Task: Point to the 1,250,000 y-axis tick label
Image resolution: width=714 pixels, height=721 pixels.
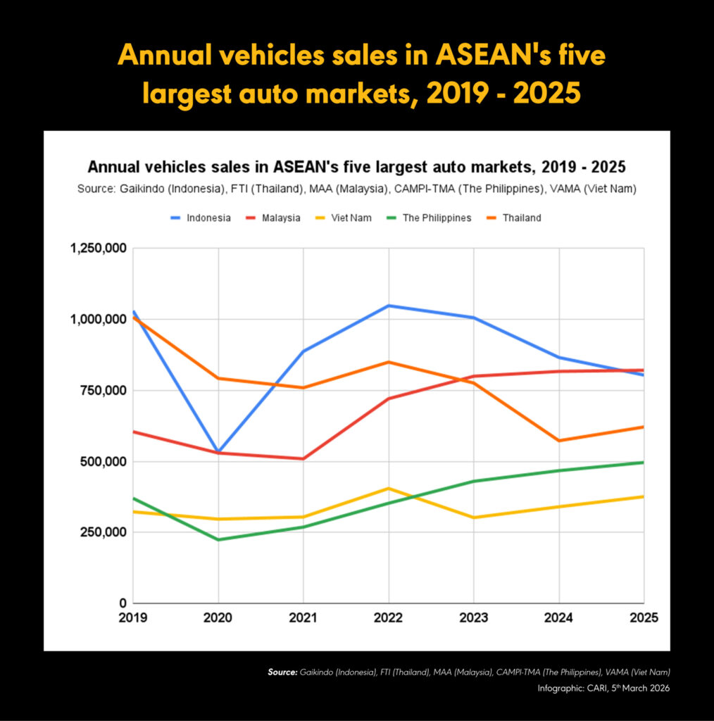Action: coord(98,248)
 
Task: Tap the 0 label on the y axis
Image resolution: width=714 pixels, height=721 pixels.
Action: coord(123,603)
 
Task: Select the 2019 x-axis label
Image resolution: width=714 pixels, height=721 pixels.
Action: coord(133,617)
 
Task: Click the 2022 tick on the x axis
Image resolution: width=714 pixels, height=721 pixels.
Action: coord(389,617)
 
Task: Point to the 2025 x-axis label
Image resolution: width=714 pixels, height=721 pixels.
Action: coord(643,617)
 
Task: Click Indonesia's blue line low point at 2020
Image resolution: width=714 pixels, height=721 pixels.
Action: coord(218,451)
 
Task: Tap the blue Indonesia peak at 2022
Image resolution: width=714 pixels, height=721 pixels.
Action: coord(389,306)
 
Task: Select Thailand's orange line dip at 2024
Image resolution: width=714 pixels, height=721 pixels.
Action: coord(559,441)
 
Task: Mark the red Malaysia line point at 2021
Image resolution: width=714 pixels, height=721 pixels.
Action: coord(303,459)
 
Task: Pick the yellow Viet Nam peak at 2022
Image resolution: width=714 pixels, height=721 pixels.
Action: coord(389,488)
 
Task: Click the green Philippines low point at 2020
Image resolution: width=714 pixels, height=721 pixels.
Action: coord(218,539)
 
